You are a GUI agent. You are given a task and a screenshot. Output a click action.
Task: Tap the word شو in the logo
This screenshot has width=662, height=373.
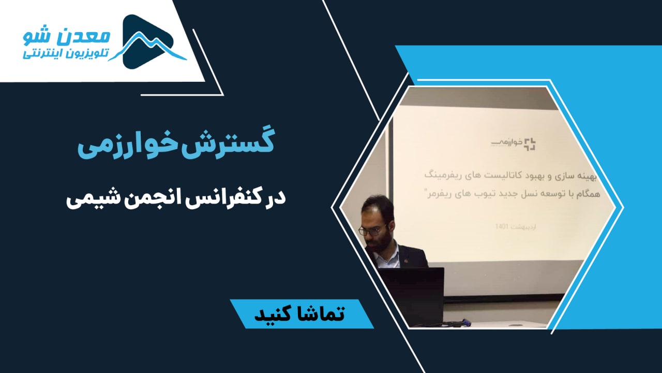click(41, 36)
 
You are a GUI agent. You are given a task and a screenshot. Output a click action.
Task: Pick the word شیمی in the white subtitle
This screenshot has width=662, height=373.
click(90, 199)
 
